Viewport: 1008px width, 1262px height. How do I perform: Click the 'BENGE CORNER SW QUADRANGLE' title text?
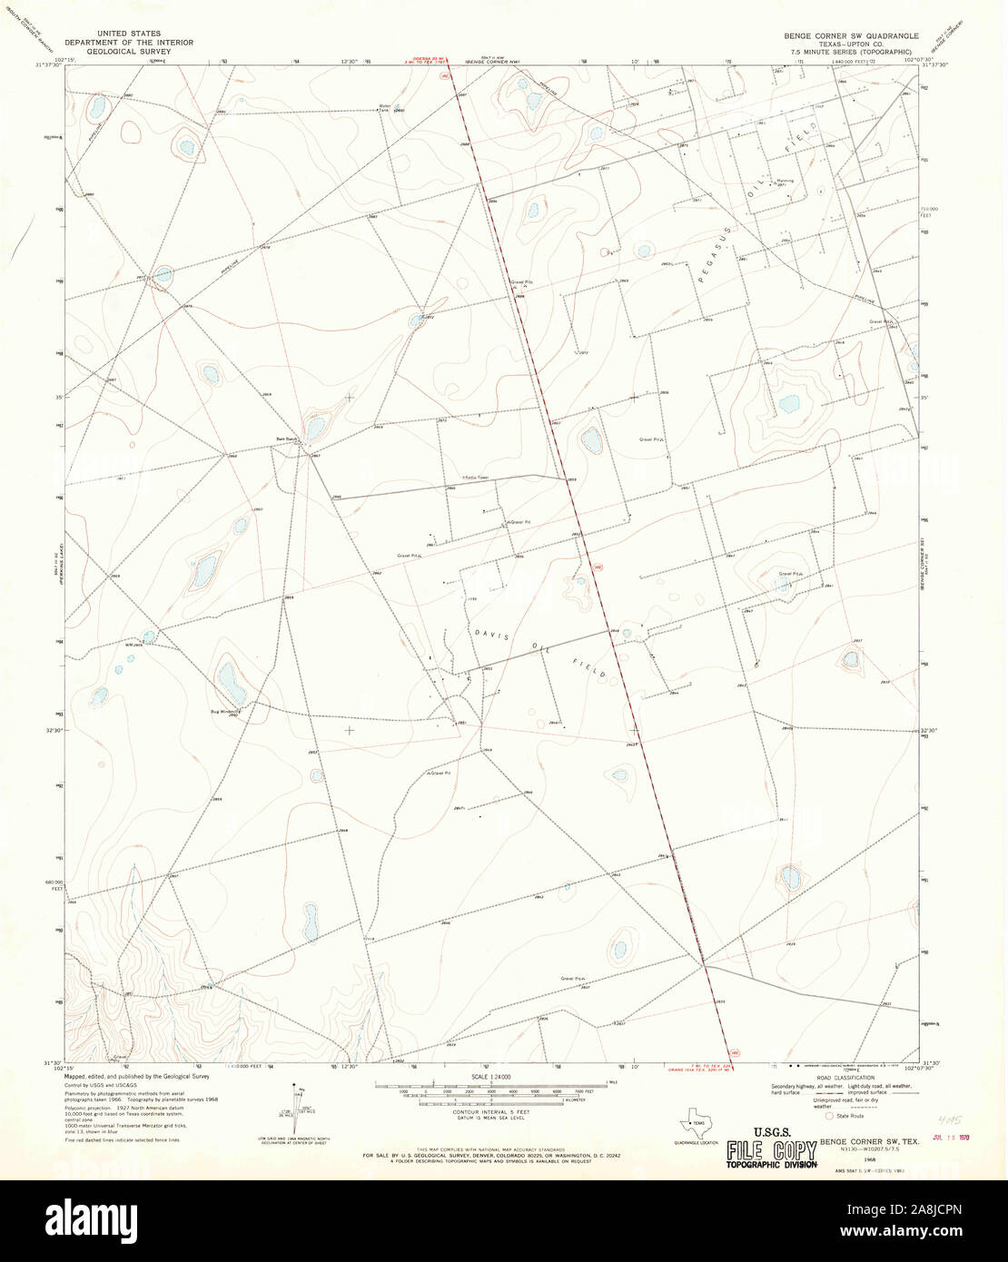(851, 35)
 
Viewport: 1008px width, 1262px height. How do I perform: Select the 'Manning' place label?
(784, 181)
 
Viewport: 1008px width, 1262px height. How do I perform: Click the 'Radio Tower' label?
(475, 477)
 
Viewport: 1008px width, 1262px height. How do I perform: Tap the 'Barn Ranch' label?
(287, 439)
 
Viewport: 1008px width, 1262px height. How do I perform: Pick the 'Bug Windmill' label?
(224, 711)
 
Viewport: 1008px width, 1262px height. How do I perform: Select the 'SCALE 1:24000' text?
(490, 1077)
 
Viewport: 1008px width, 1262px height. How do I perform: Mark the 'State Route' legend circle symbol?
(828, 1116)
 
